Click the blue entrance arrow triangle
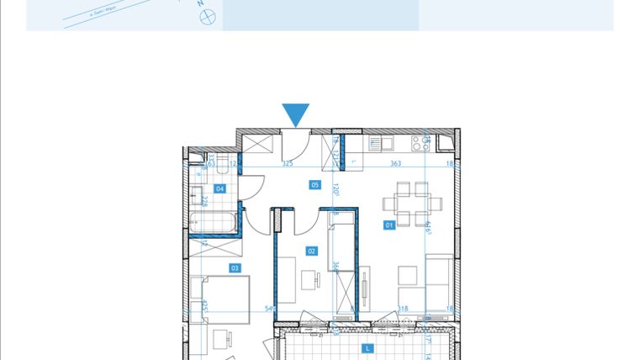click(x=296, y=114)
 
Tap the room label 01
click(x=389, y=225)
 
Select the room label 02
click(x=311, y=251)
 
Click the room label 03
click(x=235, y=268)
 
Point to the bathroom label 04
click(x=220, y=188)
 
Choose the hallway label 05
click(x=315, y=184)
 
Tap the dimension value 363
click(x=395, y=165)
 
